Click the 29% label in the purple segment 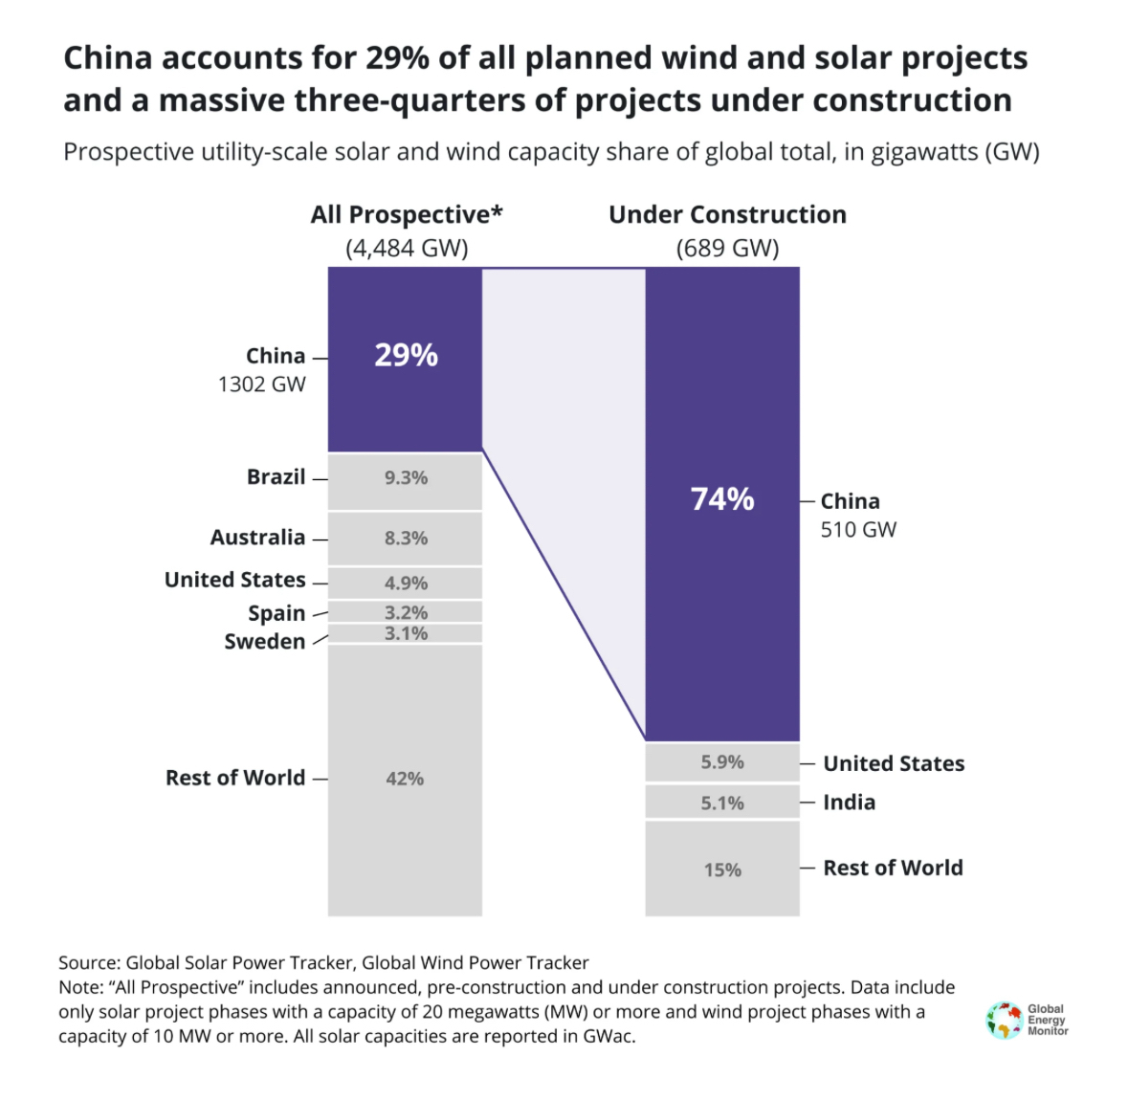pos(406,356)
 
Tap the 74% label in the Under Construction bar pos(722,499)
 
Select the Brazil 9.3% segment pos(406,478)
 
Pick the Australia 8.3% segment pos(406,539)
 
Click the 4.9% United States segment pos(406,583)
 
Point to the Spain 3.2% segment pos(406,612)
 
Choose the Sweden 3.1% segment pos(406,633)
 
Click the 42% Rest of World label pos(405,779)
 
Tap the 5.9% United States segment pos(722,762)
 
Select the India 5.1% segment pos(722,803)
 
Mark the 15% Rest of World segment pos(722,870)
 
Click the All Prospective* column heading pos(407,214)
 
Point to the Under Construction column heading pos(727,214)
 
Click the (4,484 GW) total pos(407,249)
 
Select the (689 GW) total pos(727,249)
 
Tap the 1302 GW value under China pos(261,385)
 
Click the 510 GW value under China pos(858,530)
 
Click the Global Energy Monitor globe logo pos(1004,1020)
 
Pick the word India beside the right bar pos(849,803)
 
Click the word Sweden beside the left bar pos(265,642)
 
